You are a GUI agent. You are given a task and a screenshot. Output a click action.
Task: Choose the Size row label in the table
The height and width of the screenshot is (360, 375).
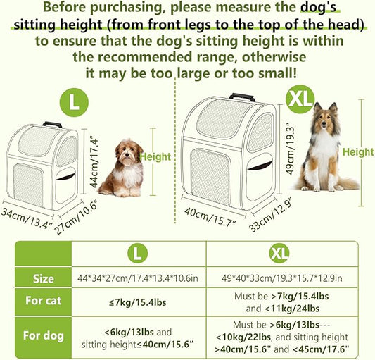point(43,279)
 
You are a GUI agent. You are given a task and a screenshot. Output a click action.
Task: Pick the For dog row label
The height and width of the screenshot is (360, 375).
point(43,336)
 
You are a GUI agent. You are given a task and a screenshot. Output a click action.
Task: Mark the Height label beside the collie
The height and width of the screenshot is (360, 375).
point(357,151)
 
